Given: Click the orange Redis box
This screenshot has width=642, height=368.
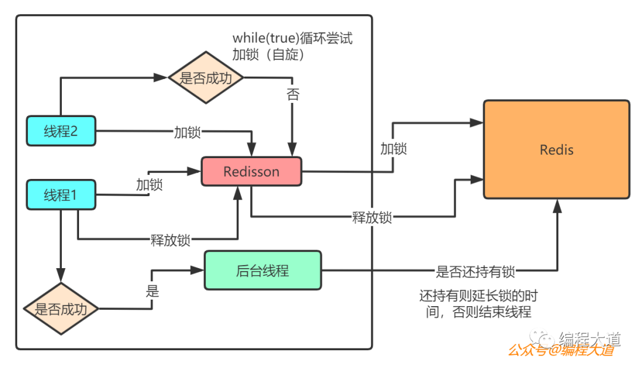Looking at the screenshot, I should (x=556, y=149).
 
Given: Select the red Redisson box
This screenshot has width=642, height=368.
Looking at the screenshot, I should (x=251, y=172).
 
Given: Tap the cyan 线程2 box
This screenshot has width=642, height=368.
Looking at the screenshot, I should (x=61, y=131).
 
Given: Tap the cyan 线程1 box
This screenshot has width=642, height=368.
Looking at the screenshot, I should (x=61, y=194).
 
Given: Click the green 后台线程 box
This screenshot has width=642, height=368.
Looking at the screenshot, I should (x=262, y=271).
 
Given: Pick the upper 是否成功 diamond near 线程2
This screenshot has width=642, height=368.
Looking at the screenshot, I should (x=206, y=78).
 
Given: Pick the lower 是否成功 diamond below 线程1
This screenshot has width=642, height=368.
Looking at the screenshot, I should (x=61, y=309).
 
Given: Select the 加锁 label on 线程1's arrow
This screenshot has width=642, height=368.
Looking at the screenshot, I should (x=149, y=185).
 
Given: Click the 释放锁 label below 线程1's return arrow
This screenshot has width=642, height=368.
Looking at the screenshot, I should (x=171, y=240).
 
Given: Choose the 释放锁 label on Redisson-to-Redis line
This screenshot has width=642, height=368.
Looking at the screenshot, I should (x=372, y=217).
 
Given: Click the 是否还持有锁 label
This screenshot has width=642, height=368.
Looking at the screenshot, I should (x=476, y=272).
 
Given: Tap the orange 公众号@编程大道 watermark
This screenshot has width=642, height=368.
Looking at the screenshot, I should (x=561, y=351).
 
